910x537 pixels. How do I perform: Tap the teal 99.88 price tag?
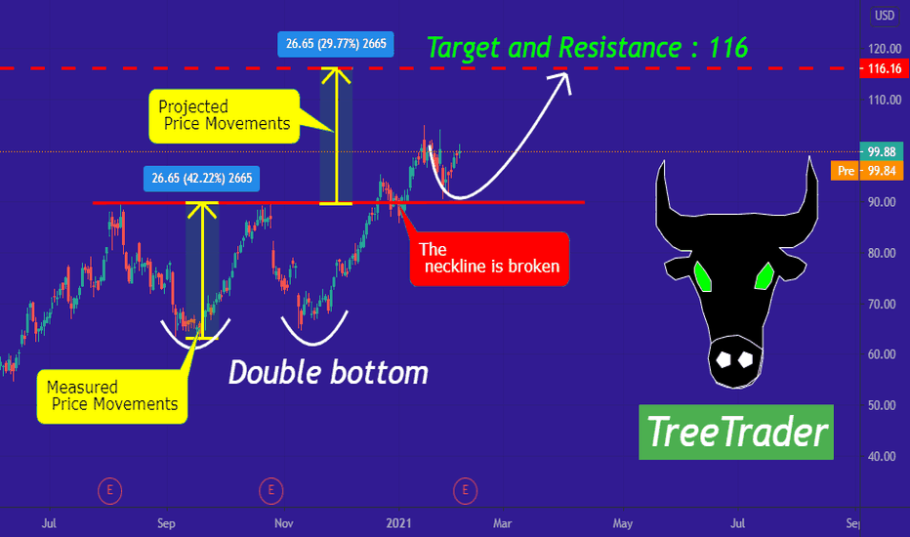click(881, 151)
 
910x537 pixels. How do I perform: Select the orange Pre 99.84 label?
click(867, 171)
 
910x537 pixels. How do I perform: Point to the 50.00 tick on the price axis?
click(882, 405)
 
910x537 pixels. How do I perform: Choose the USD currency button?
click(885, 15)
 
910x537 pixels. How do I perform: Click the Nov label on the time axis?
click(283, 523)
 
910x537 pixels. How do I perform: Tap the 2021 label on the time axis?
click(398, 523)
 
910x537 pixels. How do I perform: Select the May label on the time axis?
click(623, 523)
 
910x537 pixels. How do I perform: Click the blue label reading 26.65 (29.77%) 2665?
click(336, 44)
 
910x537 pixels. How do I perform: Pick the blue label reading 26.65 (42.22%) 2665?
click(201, 179)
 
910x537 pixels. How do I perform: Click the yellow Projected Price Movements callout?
click(225, 115)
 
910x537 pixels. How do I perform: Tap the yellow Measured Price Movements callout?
click(112, 396)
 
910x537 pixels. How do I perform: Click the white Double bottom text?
click(328, 372)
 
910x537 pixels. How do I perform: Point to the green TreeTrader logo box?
click(736, 432)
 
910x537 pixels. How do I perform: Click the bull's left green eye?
click(702, 275)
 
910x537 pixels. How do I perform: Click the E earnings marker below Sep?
click(109, 491)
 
